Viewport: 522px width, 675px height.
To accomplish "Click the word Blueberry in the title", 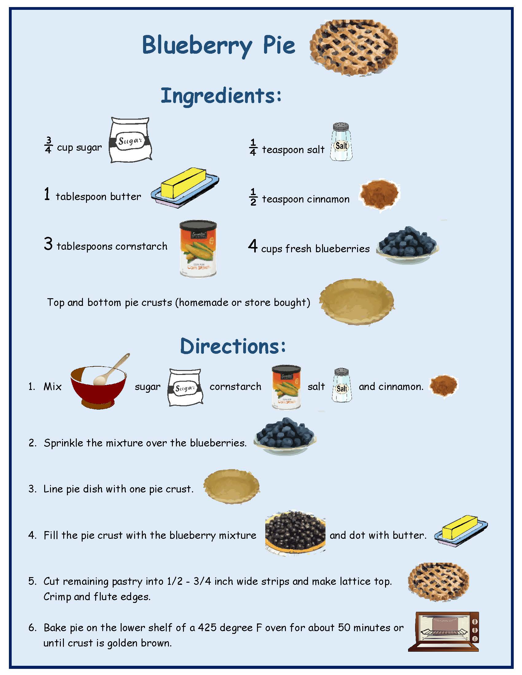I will (x=197, y=45).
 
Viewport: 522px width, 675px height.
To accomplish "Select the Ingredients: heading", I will (x=221, y=96).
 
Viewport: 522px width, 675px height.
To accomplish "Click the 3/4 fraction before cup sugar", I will (x=49, y=145).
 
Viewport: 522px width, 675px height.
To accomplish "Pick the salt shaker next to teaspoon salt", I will (x=341, y=142).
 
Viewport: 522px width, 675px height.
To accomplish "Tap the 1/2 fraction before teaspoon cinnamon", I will (x=253, y=197).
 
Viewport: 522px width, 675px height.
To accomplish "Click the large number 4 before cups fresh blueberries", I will (x=253, y=246).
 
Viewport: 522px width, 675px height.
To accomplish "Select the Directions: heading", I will (x=232, y=346).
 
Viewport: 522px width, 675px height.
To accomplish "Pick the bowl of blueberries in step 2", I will (x=285, y=436).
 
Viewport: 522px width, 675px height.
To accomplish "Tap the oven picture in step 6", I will (x=443, y=631).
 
